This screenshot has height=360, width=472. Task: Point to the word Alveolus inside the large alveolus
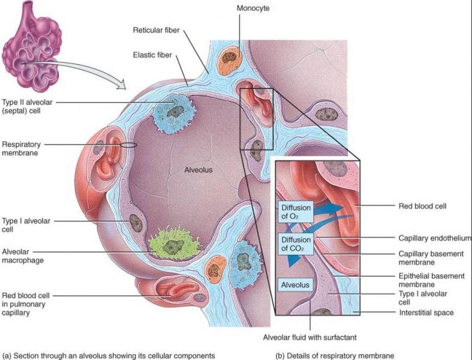[199, 170]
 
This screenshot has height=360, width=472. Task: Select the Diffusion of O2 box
[294, 213]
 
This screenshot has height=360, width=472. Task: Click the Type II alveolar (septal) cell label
[26, 106]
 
